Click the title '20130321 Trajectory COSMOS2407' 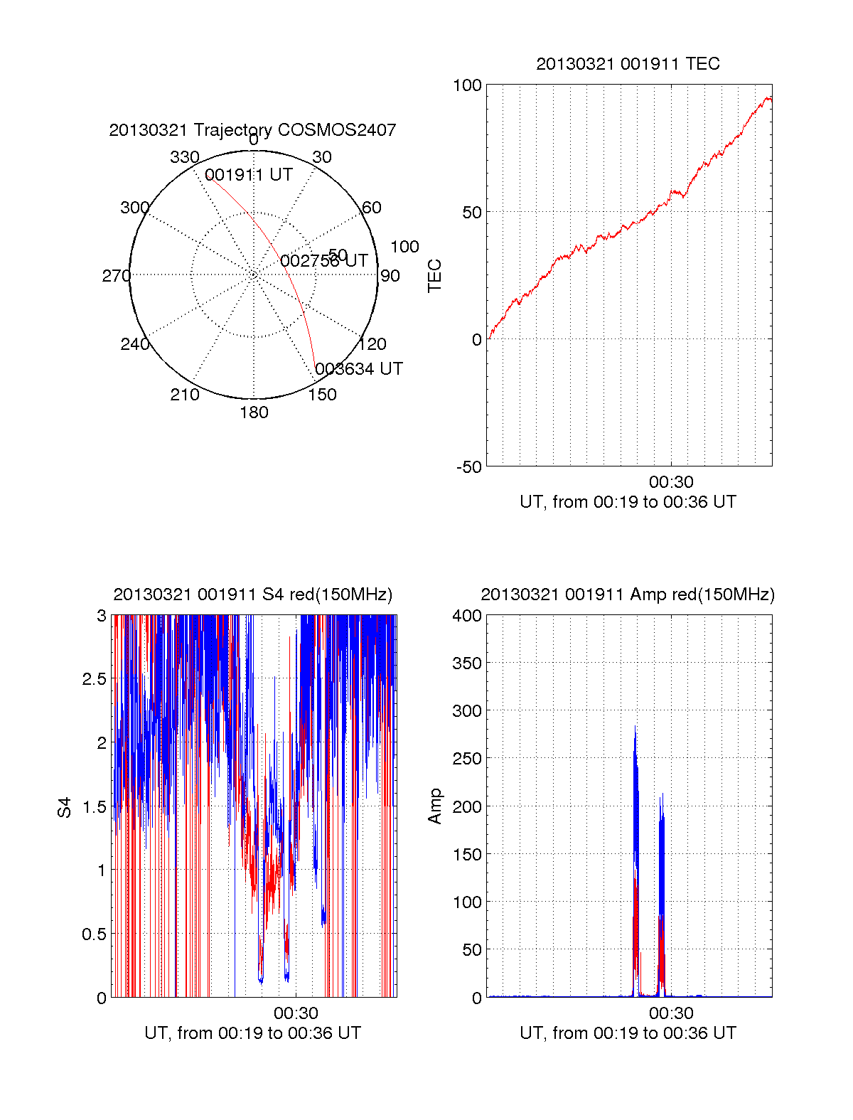click(x=252, y=130)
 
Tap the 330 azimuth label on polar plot click(x=184, y=157)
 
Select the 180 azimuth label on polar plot click(x=254, y=412)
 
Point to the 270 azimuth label click(x=116, y=276)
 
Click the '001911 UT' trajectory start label click(x=249, y=176)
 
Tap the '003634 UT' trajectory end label click(x=359, y=369)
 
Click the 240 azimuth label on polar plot click(x=134, y=344)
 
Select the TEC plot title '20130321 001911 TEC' click(x=628, y=64)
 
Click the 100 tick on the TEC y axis click(x=467, y=85)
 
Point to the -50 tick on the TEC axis click(x=468, y=467)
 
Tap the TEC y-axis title click(x=434, y=276)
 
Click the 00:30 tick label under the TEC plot click(x=671, y=483)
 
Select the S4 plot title click(x=252, y=594)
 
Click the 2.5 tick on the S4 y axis click(x=94, y=679)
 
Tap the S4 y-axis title click(x=65, y=807)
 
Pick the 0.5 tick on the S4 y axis click(x=94, y=934)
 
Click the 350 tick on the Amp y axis click(x=467, y=663)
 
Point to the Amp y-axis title click(x=434, y=806)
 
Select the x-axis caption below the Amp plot click(x=628, y=1033)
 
